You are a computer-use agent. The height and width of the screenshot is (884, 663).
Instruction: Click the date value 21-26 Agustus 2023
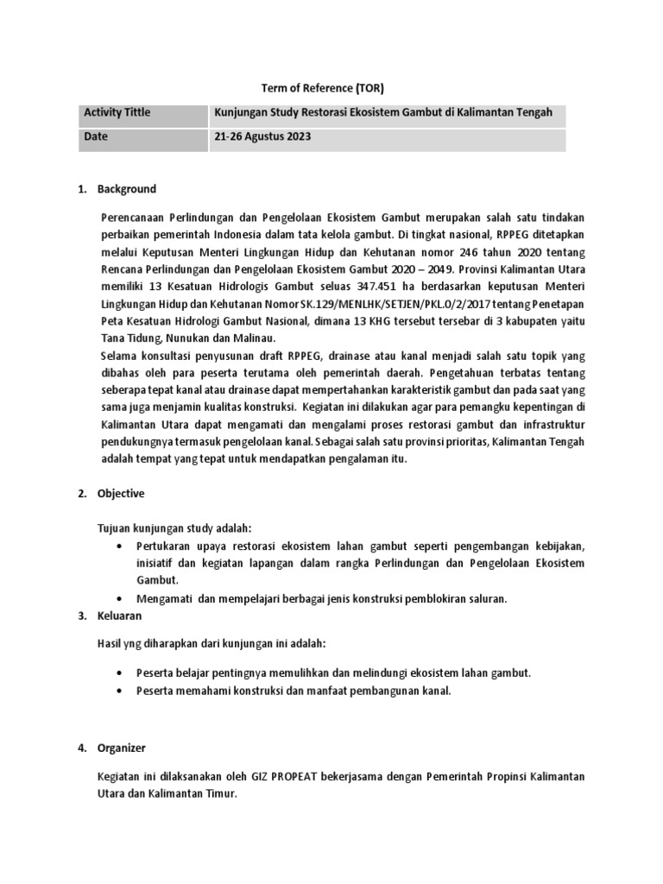(x=262, y=137)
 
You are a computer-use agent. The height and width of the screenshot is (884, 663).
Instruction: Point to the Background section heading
(x=126, y=189)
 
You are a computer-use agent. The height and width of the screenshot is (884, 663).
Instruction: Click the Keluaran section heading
(x=119, y=616)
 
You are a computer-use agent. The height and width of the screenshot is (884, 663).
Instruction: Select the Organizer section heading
(x=121, y=747)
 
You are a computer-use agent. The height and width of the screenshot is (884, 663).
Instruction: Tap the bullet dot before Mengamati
(x=118, y=598)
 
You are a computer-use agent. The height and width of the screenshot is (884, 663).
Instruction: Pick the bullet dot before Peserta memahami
(x=118, y=691)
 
